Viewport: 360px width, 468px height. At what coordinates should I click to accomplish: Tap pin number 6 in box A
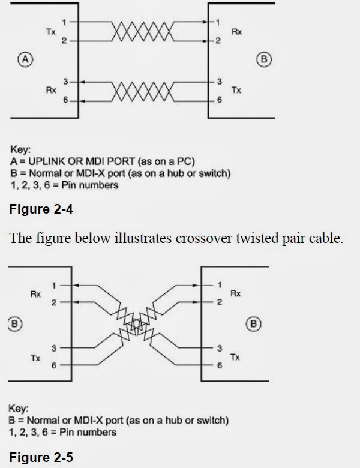click(x=65, y=100)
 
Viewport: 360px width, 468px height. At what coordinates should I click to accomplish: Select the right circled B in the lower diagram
click(x=254, y=324)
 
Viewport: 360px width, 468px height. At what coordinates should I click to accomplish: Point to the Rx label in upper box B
click(x=236, y=32)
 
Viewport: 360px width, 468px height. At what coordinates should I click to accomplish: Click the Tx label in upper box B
click(x=236, y=90)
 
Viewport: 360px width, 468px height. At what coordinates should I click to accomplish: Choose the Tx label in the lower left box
click(x=35, y=357)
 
